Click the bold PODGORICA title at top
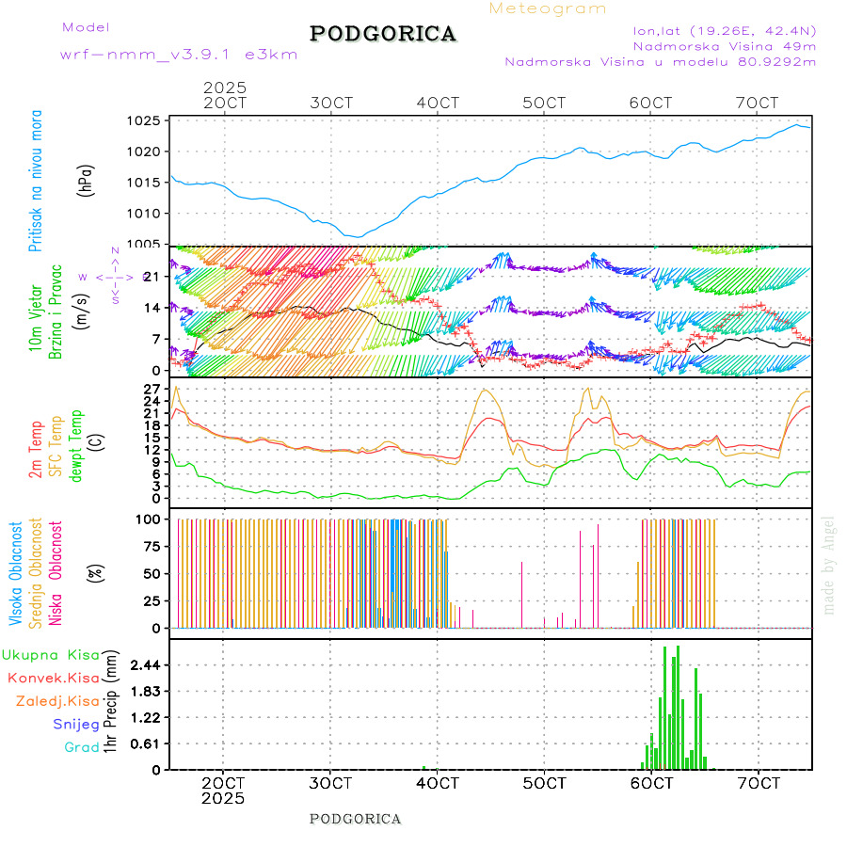(x=383, y=34)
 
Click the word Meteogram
(x=548, y=8)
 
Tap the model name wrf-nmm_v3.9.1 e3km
(x=179, y=55)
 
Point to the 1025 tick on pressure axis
(x=145, y=120)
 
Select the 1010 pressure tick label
(x=145, y=214)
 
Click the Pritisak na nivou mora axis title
(x=36, y=181)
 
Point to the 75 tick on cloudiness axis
(x=149, y=546)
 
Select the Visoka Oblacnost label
(x=17, y=573)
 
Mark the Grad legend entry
(x=82, y=748)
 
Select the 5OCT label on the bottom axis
(x=545, y=783)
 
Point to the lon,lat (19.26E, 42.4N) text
(x=725, y=29)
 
